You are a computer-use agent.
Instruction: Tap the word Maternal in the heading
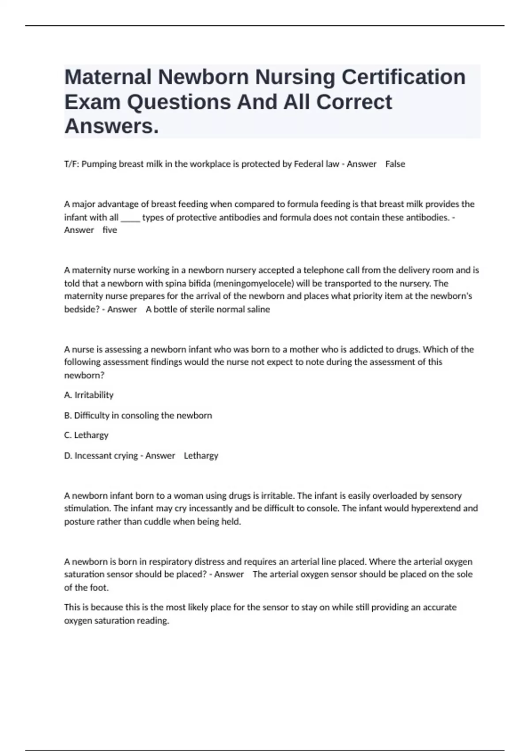[x=108, y=77]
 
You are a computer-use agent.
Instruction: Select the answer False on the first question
[x=395, y=164]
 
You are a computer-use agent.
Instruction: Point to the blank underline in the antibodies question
[x=130, y=217]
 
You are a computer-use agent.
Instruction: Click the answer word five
[x=110, y=230]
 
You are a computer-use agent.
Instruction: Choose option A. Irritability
[x=89, y=395]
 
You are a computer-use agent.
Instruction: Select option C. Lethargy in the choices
[x=86, y=435]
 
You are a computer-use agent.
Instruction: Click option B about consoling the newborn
[x=138, y=415]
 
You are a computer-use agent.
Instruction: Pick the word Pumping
[x=99, y=164]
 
